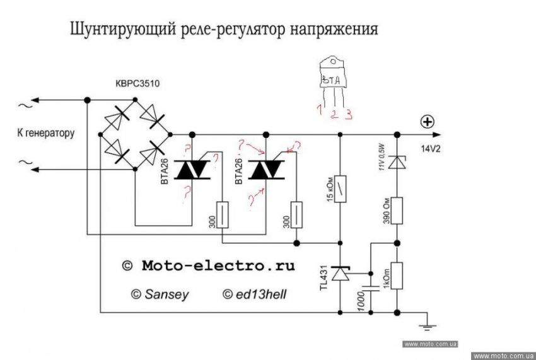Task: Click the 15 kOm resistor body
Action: tap(341, 189)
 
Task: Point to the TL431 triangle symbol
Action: tap(341, 274)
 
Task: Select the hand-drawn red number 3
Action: tap(349, 114)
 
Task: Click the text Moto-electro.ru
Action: tap(218, 266)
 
